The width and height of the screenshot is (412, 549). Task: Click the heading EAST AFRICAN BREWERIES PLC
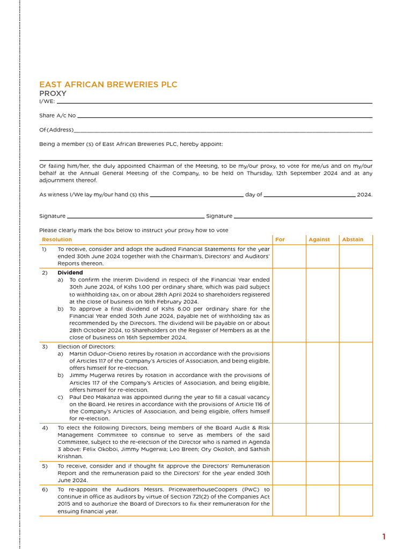[108, 85]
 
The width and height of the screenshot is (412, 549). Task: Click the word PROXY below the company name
[53, 93]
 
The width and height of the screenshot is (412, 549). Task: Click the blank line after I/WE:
[214, 101]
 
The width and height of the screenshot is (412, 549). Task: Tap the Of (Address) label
[56, 130]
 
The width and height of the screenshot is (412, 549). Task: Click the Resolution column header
[57, 240]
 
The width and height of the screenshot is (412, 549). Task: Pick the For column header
[280, 240]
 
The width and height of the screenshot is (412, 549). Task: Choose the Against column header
[319, 240]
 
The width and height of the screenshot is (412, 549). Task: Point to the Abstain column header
[352, 240]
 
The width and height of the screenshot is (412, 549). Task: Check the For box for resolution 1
[289, 256]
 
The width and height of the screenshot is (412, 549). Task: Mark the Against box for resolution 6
[322, 500]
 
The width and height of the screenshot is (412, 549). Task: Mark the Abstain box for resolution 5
[356, 473]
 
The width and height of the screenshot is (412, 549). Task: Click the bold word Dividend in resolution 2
[70, 273]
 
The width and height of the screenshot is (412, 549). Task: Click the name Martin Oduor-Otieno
[97, 354]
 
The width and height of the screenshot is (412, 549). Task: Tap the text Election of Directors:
[86, 347]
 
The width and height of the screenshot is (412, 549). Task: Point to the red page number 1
[384, 537]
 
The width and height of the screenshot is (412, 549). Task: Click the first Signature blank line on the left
[136, 217]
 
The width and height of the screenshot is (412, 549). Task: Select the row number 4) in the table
[45, 428]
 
